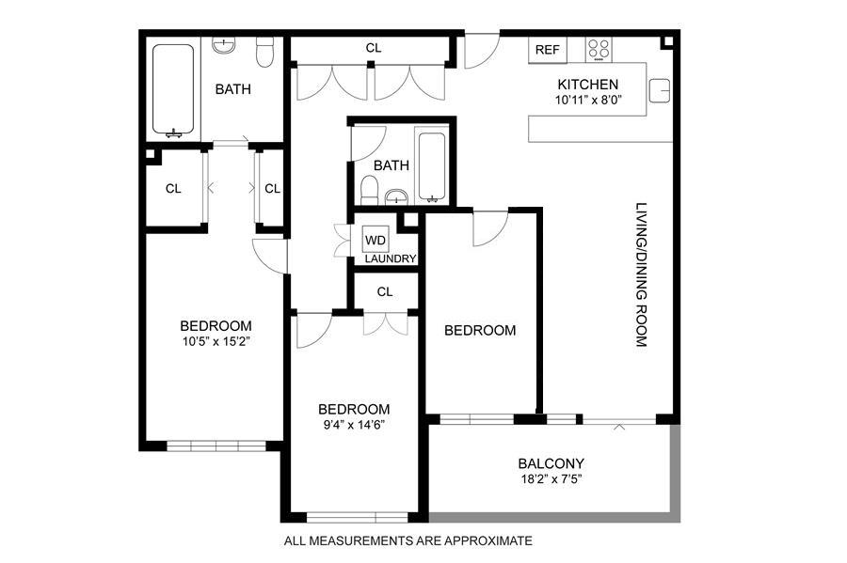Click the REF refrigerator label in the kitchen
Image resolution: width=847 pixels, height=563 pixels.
(x=547, y=50)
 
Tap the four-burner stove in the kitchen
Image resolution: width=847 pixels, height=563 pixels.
(x=599, y=49)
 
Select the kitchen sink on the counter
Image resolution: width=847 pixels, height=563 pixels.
(x=659, y=90)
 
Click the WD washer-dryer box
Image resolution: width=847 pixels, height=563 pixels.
(x=376, y=240)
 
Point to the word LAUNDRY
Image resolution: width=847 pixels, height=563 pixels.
(x=390, y=258)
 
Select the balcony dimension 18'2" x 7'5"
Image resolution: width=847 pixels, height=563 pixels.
(x=551, y=478)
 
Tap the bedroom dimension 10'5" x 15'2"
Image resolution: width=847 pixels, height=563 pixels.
(x=216, y=341)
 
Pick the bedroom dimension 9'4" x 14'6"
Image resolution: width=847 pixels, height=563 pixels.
(x=354, y=425)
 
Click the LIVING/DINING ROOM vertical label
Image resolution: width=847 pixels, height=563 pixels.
(x=641, y=274)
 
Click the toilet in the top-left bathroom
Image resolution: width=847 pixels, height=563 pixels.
(x=264, y=52)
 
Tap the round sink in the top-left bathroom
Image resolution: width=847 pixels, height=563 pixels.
(x=223, y=46)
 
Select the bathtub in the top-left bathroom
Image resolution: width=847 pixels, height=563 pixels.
(x=173, y=89)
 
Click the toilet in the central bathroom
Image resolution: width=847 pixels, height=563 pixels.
(x=370, y=191)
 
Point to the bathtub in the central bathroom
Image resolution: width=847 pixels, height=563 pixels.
(x=432, y=166)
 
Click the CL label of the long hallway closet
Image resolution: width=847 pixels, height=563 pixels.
(x=374, y=48)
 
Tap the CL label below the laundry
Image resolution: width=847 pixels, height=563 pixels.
(x=385, y=291)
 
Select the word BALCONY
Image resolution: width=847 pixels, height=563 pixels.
(x=551, y=463)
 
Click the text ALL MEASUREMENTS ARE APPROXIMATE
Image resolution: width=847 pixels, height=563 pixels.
(x=408, y=540)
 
